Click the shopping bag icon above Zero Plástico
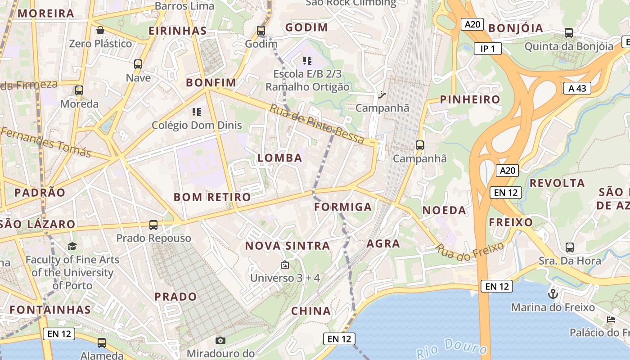(x=100, y=30)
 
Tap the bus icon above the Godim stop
(x=261, y=31)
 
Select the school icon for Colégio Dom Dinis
(x=196, y=112)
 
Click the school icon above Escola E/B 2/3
(x=307, y=60)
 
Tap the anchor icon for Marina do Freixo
(x=553, y=294)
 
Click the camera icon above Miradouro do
(x=220, y=340)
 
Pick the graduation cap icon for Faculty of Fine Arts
(x=72, y=246)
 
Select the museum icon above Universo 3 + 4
(x=284, y=265)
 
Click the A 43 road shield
(x=577, y=88)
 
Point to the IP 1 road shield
(x=487, y=49)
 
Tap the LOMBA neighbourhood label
(x=279, y=158)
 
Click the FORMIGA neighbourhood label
(x=343, y=207)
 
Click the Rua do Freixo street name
(x=470, y=252)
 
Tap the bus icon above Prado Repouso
(x=153, y=225)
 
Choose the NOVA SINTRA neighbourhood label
(x=288, y=246)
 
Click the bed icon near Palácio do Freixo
(x=611, y=319)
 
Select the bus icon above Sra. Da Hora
(x=570, y=247)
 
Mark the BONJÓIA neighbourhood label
(x=516, y=28)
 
